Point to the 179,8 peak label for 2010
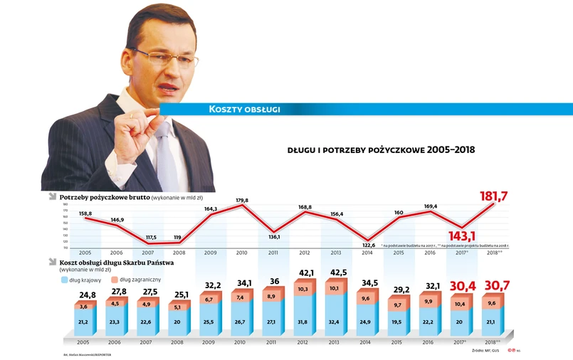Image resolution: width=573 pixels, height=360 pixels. (242, 201)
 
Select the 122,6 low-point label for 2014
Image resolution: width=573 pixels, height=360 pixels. (367, 245)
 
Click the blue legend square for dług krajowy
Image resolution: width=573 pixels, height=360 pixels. (65, 280)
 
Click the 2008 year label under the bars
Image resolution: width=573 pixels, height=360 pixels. (178, 341)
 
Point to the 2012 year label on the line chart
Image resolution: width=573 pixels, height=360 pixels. (304, 253)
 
